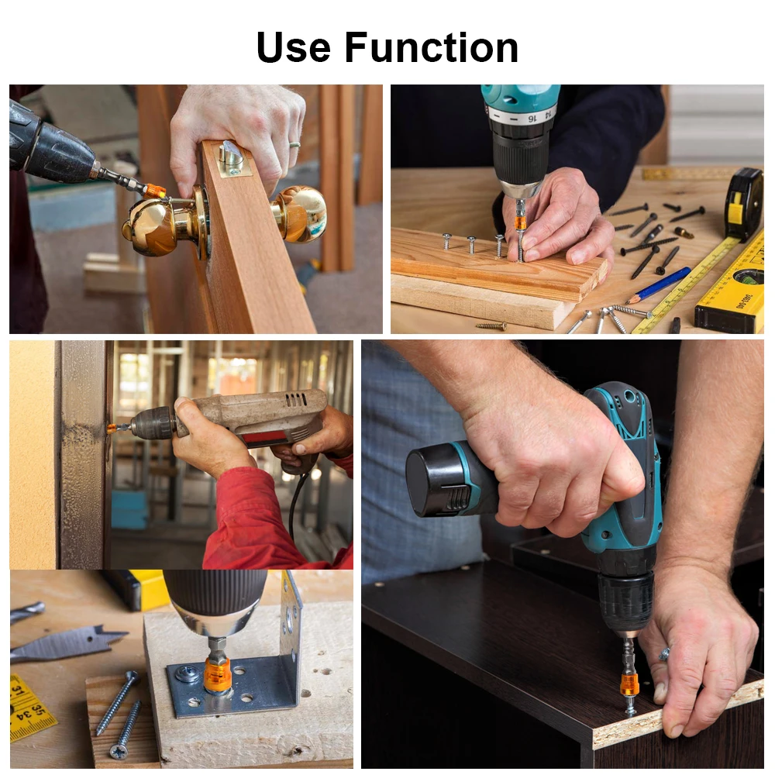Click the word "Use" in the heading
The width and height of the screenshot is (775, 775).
(294, 47)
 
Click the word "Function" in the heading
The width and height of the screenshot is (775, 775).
(432, 47)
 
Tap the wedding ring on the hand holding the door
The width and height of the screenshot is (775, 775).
(294, 145)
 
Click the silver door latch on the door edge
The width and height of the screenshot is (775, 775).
(233, 159)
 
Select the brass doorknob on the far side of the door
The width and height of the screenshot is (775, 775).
(299, 214)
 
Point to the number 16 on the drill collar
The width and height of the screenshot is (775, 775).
(532, 119)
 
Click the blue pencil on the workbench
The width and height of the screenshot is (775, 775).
(658, 285)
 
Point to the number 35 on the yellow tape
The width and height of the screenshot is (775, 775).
(37, 711)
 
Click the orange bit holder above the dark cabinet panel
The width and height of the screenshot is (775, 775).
(629, 684)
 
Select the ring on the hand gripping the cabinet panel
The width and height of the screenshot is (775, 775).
(664, 654)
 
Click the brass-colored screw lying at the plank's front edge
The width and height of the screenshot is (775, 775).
(491, 325)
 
